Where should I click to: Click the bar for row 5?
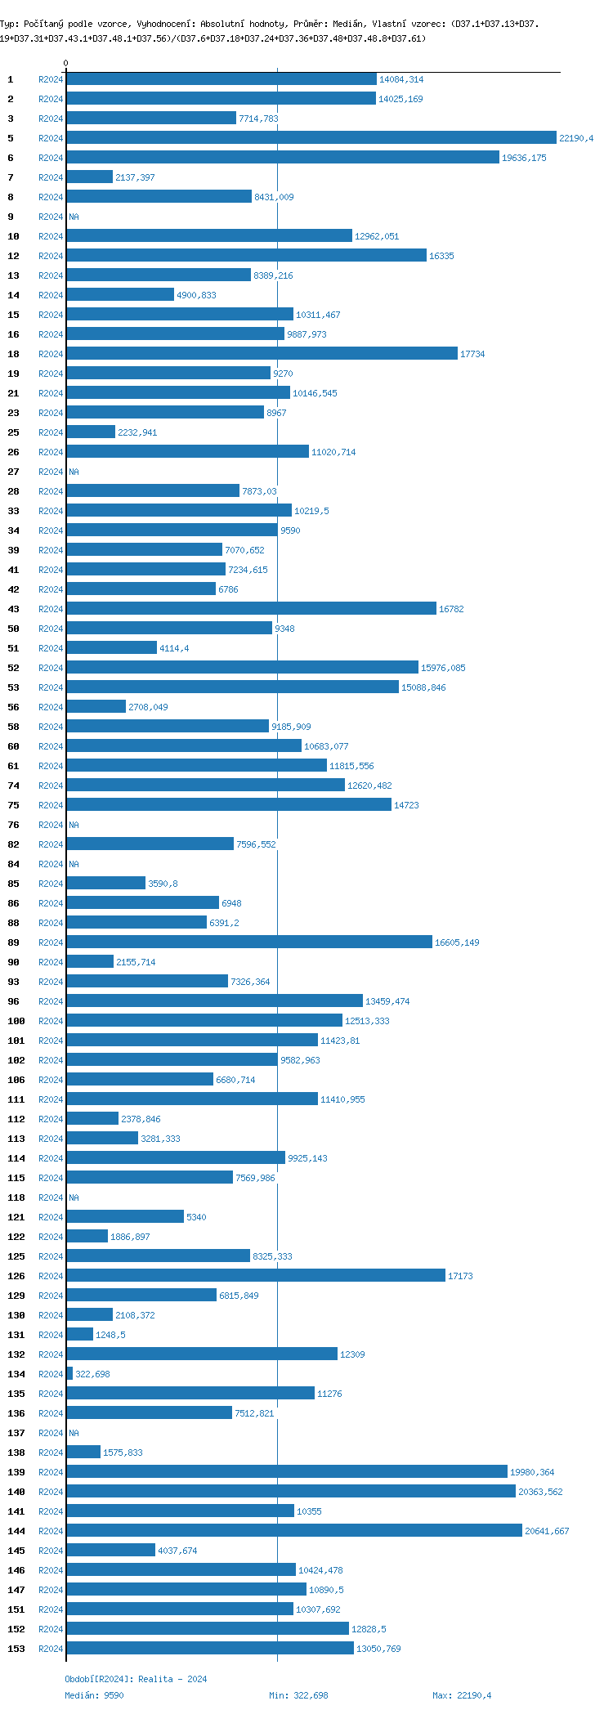(x=311, y=138)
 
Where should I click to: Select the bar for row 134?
(x=69, y=1374)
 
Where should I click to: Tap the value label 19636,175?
(x=524, y=158)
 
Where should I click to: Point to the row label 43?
(x=13, y=609)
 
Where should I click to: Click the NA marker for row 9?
(x=74, y=217)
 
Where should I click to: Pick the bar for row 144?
(x=294, y=1531)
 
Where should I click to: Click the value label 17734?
(x=472, y=354)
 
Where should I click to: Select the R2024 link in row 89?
(x=51, y=942)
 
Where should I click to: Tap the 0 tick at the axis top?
(x=66, y=63)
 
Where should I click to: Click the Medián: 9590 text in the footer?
(x=94, y=1695)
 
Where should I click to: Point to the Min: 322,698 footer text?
(x=298, y=1695)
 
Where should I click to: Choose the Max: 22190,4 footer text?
(x=462, y=1695)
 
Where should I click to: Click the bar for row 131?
(x=79, y=1335)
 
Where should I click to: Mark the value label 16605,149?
(x=457, y=942)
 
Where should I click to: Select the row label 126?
(x=16, y=1276)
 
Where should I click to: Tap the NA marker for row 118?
(x=74, y=1197)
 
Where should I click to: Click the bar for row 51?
(x=111, y=648)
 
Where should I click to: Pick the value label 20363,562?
(x=540, y=1492)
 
